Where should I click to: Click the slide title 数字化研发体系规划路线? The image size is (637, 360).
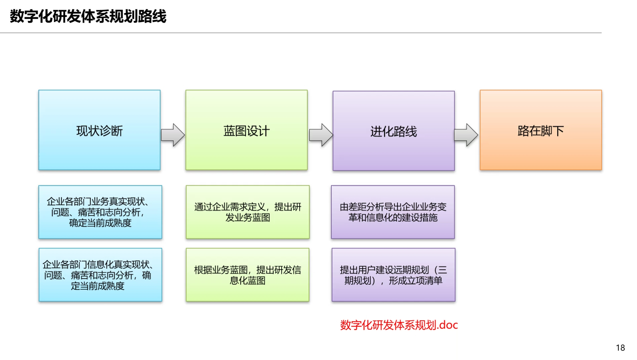click(88, 16)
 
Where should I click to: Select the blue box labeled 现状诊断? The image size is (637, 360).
click(99, 130)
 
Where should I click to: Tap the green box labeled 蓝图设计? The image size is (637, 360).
click(246, 130)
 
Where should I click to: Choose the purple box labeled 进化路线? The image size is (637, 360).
click(393, 131)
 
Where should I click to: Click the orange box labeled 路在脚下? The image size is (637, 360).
click(541, 130)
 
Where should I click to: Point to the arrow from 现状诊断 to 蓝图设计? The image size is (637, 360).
click(173, 135)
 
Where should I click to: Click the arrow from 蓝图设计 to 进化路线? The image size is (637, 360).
click(321, 135)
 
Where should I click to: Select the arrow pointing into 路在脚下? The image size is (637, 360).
click(466, 135)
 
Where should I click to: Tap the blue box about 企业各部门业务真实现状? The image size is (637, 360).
click(100, 212)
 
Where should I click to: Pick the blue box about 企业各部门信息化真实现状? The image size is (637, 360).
click(100, 275)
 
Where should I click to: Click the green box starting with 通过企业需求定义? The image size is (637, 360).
click(248, 212)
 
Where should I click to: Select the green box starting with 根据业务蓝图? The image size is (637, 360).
click(248, 275)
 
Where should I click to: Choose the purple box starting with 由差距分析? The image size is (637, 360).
click(393, 212)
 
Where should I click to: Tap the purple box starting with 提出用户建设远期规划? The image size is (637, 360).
click(393, 275)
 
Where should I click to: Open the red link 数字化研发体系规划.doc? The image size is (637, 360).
click(399, 325)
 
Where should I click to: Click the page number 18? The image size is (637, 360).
click(620, 348)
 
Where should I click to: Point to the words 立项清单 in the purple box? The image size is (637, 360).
click(425, 281)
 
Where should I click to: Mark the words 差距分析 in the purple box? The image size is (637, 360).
click(366, 207)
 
